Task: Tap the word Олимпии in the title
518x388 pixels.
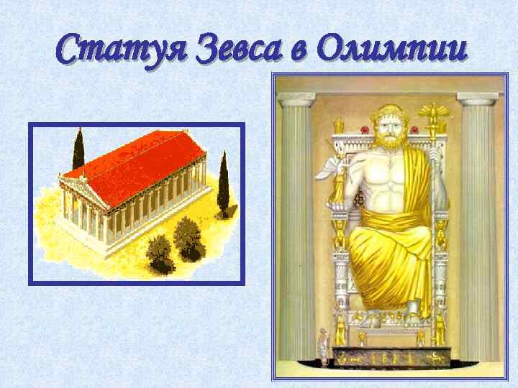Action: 391,50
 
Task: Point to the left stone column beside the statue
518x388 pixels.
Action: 296,230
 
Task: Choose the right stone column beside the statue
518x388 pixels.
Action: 478,230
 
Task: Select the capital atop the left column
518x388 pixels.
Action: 296,99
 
